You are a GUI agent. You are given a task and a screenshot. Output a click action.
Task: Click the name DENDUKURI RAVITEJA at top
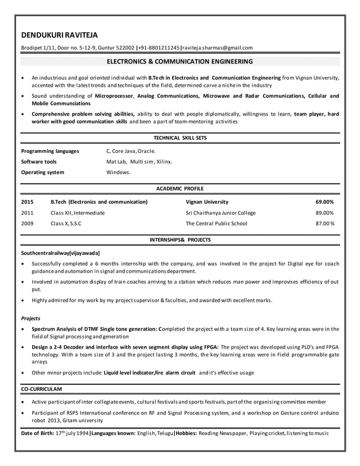[59, 35]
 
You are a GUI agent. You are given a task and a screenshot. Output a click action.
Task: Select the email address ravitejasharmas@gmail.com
[217, 48]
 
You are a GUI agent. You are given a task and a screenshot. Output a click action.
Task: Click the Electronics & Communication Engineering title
[180, 61]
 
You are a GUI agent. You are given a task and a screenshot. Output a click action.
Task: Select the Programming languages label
[50, 151]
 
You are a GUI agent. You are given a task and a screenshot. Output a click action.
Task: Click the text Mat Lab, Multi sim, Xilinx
[139, 162]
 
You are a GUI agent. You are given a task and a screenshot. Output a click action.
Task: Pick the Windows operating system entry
[118, 173]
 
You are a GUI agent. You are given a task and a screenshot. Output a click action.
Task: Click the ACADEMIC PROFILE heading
[180, 188]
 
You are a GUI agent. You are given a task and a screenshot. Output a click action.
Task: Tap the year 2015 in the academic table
[27, 202]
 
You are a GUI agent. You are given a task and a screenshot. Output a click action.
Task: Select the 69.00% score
[324, 202]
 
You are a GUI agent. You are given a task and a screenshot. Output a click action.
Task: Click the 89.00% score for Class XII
[324, 213]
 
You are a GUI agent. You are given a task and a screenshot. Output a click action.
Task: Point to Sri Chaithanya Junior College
[221, 213]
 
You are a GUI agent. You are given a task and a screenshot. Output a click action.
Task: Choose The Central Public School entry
[216, 224]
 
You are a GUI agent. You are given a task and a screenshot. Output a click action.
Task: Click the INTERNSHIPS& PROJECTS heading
[180, 240]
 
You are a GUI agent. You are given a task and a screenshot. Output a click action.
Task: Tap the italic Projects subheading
[30, 318]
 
